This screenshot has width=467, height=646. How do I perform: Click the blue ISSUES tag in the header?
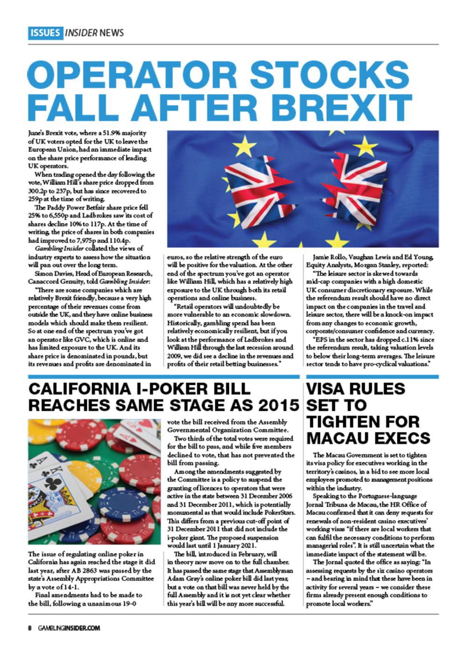(x=45, y=33)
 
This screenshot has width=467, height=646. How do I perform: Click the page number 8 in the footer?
(x=29, y=628)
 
